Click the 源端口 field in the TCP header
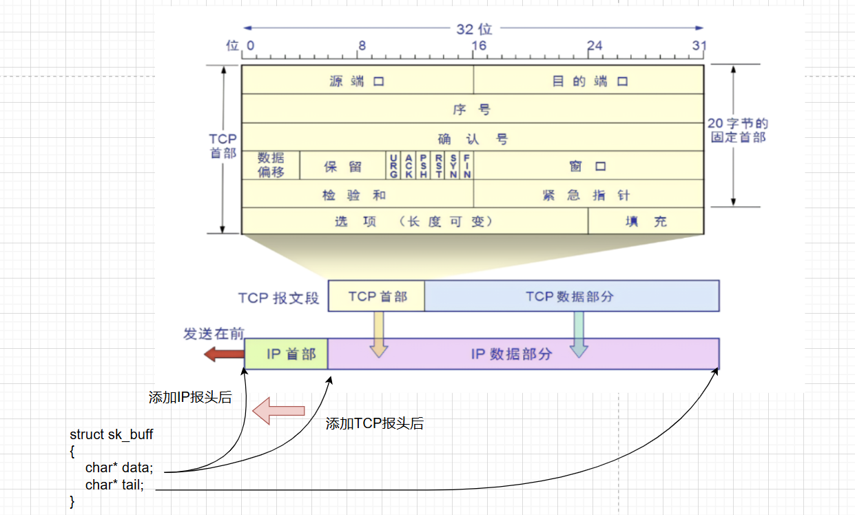tap(357, 81)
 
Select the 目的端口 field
tap(589, 81)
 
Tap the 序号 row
tap(472, 110)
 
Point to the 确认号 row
tap(472, 139)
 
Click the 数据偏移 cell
tap(271, 165)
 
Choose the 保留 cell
tap(343, 166)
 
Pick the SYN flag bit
tap(453, 165)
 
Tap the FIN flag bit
tap(467, 165)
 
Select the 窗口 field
tap(588, 166)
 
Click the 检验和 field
tap(357, 195)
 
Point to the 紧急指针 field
tap(588, 195)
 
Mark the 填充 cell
tap(646, 221)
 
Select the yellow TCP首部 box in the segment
tap(377, 296)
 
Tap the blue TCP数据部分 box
tap(570, 296)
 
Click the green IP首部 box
tap(287, 354)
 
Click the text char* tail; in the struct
tap(114, 485)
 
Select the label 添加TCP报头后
tap(374, 424)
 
